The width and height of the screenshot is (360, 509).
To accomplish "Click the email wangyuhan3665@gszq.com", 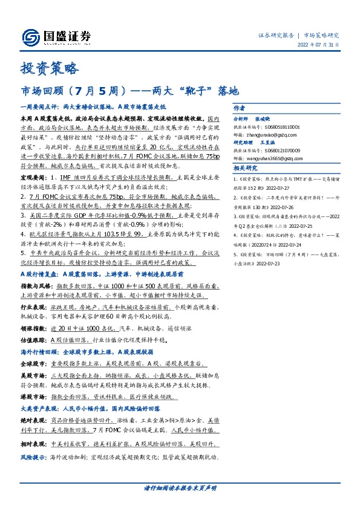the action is (x=280, y=158).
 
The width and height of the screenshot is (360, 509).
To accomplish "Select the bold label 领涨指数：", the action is (x=34, y=328).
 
